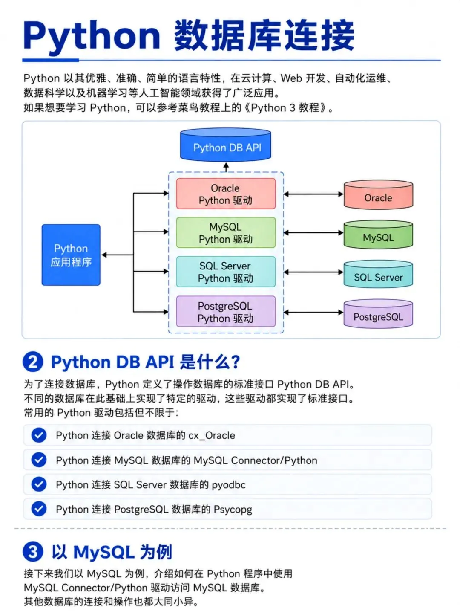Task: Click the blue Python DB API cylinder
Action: [x=225, y=145]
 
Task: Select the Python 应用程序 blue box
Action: [x=71, y=255]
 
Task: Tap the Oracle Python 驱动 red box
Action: [x=226, y=194]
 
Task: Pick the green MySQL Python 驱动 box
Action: [x=226, y=232]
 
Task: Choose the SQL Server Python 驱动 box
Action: [x=226, y=272]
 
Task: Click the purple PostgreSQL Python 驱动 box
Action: [x=226, y=311]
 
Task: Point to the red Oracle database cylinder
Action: [x=378, y=195]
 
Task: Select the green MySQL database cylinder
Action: [x=378, y=235]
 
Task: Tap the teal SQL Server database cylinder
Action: [x=378, y=274]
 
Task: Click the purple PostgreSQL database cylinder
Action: [x=378, y=314]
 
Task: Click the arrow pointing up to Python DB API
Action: [x=226, y=167]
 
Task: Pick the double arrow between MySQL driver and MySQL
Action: [x=313, y=232]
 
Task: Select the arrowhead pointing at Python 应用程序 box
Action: [x=104, y=255]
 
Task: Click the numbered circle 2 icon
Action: [x=33, y=362]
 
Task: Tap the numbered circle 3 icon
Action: [x=33, y=552]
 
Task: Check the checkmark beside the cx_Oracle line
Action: [x=39, y=435]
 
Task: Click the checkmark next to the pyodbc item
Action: [x=39, y=484]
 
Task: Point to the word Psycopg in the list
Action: [x=233, y=510]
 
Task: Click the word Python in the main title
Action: [x=92, y=36]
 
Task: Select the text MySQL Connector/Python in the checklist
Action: [x=256, y=460]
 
